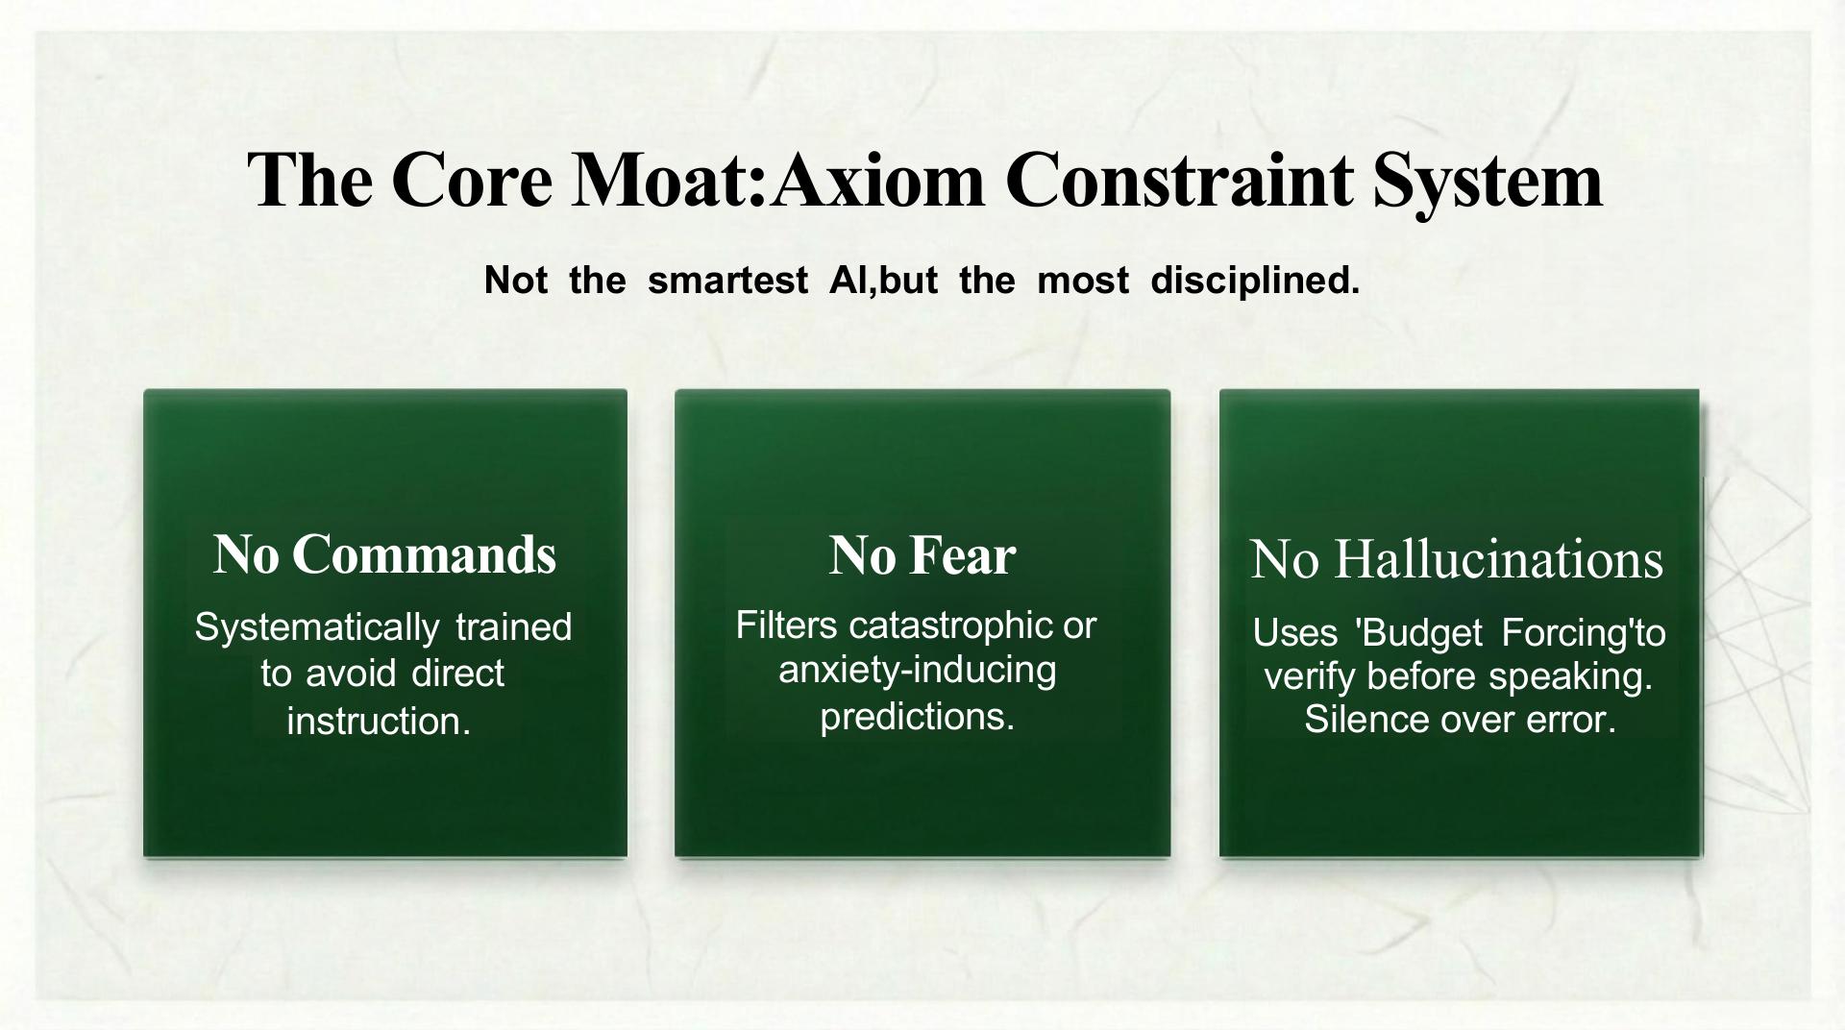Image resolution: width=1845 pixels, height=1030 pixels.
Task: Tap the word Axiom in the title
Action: coord(876,180)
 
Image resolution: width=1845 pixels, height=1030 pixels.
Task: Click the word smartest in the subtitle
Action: coord(727,281)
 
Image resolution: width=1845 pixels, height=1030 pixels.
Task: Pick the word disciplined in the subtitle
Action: coord(1255,281)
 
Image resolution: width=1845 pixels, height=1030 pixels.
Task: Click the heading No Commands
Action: coord(384,554)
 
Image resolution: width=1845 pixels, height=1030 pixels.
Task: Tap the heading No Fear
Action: coord(922,555)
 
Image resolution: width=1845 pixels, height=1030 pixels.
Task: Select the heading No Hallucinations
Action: coord(1457,559)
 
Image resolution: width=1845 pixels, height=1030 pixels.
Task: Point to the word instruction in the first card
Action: coord(379,721)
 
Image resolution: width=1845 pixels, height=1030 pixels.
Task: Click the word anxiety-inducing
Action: coord(917,670)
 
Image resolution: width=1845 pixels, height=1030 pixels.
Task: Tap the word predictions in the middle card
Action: coord(917,716)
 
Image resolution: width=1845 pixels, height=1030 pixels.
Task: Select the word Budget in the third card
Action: coord(1416,633)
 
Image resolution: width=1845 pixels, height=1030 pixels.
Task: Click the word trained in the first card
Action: coord(513,627)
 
